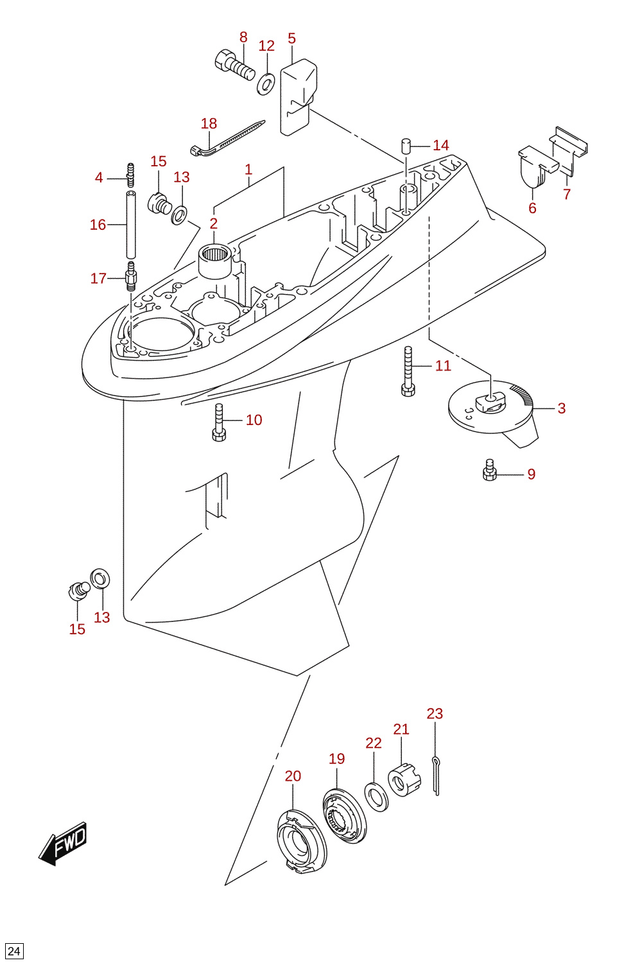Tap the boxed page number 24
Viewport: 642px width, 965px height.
(14, 951)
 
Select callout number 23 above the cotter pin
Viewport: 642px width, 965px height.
(435, 714)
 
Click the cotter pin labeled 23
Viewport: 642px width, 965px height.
(436, 776)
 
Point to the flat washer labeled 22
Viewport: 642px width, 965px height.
(376, 797)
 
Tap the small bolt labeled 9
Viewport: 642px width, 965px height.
(489, 470)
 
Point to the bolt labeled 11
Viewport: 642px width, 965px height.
(408, 371)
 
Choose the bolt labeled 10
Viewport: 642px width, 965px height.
(220, 422)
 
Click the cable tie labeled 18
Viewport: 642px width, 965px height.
(227, 137)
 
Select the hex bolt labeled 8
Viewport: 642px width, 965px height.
(234, 65)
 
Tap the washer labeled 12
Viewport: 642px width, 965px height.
(266, 84)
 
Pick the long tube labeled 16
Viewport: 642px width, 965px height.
(131, 224)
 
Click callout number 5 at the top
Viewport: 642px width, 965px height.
(291, 39)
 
